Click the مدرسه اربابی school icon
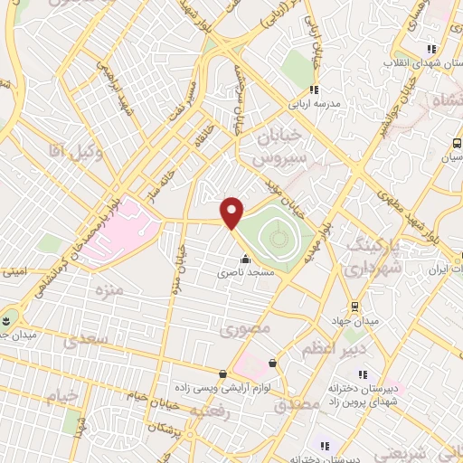[x=314, y=90]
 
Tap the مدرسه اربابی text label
[x=314, y=104]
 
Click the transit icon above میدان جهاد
[x=354, y=306]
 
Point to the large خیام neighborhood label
[x=51, y=395]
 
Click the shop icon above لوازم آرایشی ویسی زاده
[x=222, y=373]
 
